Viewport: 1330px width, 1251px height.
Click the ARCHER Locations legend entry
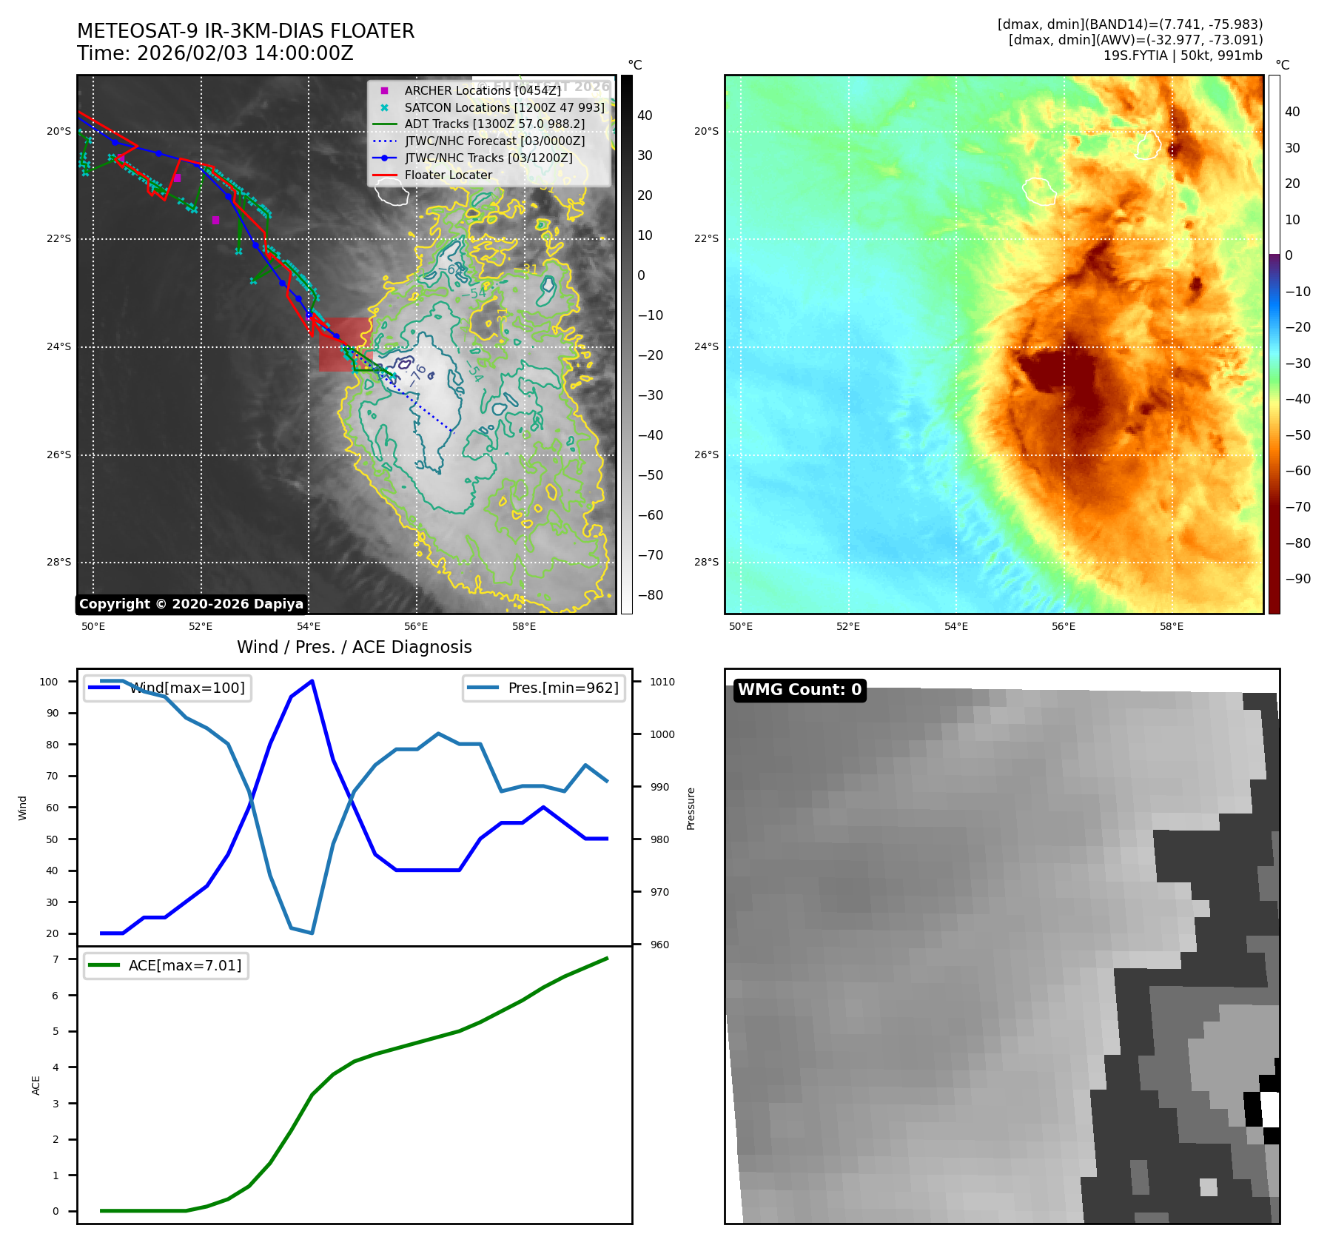[x=482, y=90]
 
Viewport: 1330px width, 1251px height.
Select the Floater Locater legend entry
[x=448, y=175]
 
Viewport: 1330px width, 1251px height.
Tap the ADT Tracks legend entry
[x=494, y=124]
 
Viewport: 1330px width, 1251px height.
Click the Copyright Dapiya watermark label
[x=191, y=604]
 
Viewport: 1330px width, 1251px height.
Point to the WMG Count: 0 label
[x=799, y=690]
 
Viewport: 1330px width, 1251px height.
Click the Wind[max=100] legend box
[x=167, y=688]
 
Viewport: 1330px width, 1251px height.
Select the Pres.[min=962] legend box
[x=544, y=688]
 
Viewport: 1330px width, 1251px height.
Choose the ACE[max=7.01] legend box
[x=166, y=965]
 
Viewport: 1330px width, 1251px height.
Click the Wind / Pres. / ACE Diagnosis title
[x=354, y=647]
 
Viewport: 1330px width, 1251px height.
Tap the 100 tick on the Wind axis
[x=49, y=682]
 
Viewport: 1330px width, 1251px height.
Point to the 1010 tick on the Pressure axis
[x=662, y=682]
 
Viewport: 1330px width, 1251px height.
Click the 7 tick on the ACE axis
[x=56, y=959]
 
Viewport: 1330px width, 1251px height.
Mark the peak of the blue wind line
[x=312, y=680]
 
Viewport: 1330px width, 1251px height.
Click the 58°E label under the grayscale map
[x=524, y=626]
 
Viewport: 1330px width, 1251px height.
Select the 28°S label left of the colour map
[x=706, y=562]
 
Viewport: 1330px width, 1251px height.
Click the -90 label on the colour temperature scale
[x=1298, y=579]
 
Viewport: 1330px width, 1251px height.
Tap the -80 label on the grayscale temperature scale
[x=651, y=595]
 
